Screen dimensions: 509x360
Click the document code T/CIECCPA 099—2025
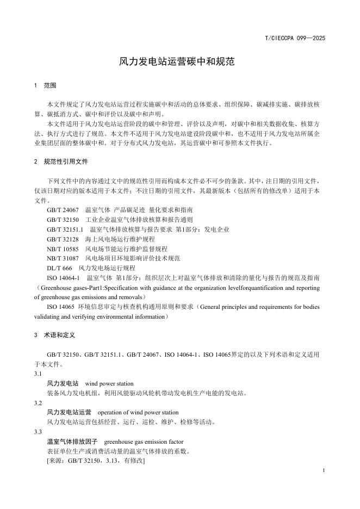click(x=295, y=39)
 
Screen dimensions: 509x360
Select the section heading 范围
click(x=49, y=86)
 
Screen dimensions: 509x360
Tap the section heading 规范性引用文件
click(x=66, y=162)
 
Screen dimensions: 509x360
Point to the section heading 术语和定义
click(x=59, y=336)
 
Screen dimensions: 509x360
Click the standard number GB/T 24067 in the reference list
click(x=63, y=209)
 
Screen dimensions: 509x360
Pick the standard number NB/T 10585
click(x=63, y=249)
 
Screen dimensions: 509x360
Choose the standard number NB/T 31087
click(x=63, y=258)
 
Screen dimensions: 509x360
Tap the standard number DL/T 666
click(x=59, y=268)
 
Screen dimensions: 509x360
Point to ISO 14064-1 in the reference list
click(x=63, y=278)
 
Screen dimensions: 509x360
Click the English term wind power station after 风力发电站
click(x=109, y=383)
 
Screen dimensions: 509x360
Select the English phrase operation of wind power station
click(x=138, y=413)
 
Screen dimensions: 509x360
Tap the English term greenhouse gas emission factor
click(x=144, y=442)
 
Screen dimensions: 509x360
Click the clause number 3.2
click(x=38, y=403)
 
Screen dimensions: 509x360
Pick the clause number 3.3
click(x=38, y=432)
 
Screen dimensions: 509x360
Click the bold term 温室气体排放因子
click(x=70, y=442)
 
